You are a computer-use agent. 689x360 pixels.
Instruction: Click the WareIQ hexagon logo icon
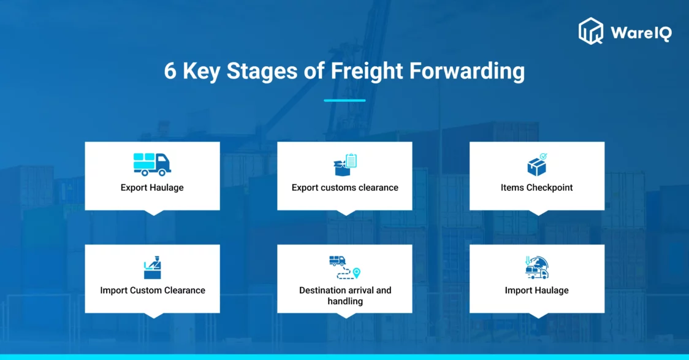[590, 31]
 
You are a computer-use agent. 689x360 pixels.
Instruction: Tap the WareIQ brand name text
[641, 33]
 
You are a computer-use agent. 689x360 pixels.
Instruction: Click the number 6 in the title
[170, 71]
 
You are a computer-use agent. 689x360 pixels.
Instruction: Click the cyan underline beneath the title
[345, 100]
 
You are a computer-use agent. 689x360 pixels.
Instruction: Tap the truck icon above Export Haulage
[152, 164]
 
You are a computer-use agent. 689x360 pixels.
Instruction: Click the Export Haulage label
[152, 188]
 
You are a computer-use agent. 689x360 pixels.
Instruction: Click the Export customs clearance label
[345, 188]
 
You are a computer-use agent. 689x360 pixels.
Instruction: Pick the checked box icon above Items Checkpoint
[537, 164]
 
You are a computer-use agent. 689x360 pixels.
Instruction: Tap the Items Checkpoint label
[536, 188]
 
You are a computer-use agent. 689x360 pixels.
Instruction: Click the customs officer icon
[153, 267]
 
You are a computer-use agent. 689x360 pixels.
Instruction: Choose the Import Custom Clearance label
[153, 290]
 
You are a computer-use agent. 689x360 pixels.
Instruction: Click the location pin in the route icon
[356, 273]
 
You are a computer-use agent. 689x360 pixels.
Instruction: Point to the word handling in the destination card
[345, 302]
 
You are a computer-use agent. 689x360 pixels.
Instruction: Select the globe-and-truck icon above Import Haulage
[537, 267]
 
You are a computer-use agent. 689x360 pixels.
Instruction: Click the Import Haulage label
[536, 290]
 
